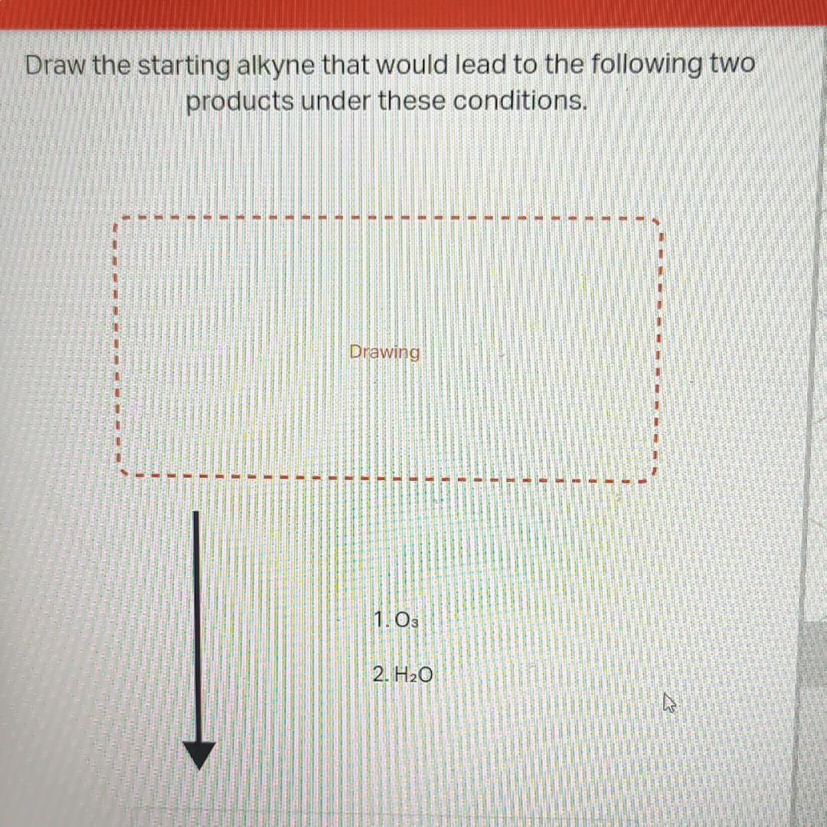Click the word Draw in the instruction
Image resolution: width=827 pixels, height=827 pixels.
pos(55,66)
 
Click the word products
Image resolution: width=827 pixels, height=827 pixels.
pos(240,102)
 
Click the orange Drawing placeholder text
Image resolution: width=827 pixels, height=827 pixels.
pos(384,352)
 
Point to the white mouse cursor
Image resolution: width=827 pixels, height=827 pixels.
pos(669,703)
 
